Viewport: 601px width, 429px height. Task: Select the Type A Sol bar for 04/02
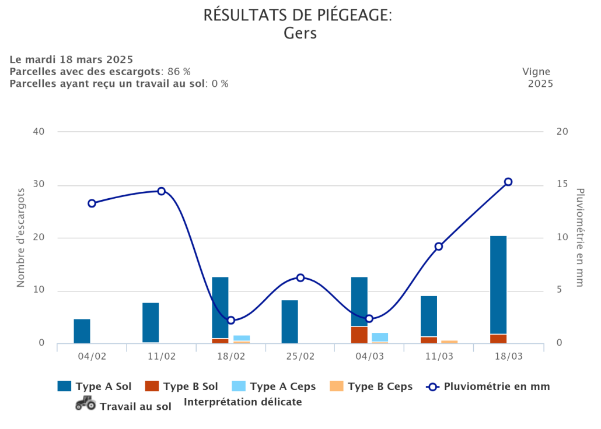(x=82, y=331)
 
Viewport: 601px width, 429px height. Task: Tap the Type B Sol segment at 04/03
(x=359, y=335)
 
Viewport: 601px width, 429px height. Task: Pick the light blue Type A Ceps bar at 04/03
(x=380, y=337)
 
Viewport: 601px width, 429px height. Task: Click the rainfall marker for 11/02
(x=162, y=191)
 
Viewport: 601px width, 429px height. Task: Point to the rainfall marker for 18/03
(x=508, y=182)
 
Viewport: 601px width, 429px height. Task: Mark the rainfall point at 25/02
(x=300, y=277)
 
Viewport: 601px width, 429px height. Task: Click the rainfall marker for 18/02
(x=231, y=320)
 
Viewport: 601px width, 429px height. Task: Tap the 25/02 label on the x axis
(x=300, y=356)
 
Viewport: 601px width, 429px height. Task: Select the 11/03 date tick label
(x=439, y=356)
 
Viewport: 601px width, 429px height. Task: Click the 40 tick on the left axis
(x=39, y=132)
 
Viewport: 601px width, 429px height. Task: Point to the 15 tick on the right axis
(x=562, y=184)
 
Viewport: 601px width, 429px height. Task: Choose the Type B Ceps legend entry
(x=372, y=386)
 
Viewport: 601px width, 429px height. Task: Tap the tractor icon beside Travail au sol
(x=85, y=403)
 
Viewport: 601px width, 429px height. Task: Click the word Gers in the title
(x=300, y=33)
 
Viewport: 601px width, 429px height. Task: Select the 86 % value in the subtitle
(x=179, y=72)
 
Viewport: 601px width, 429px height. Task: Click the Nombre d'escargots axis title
(x=21, y=237)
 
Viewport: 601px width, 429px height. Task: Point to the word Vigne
(x=536, y=72)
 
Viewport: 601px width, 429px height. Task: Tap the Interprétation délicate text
(x=243, y=402)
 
